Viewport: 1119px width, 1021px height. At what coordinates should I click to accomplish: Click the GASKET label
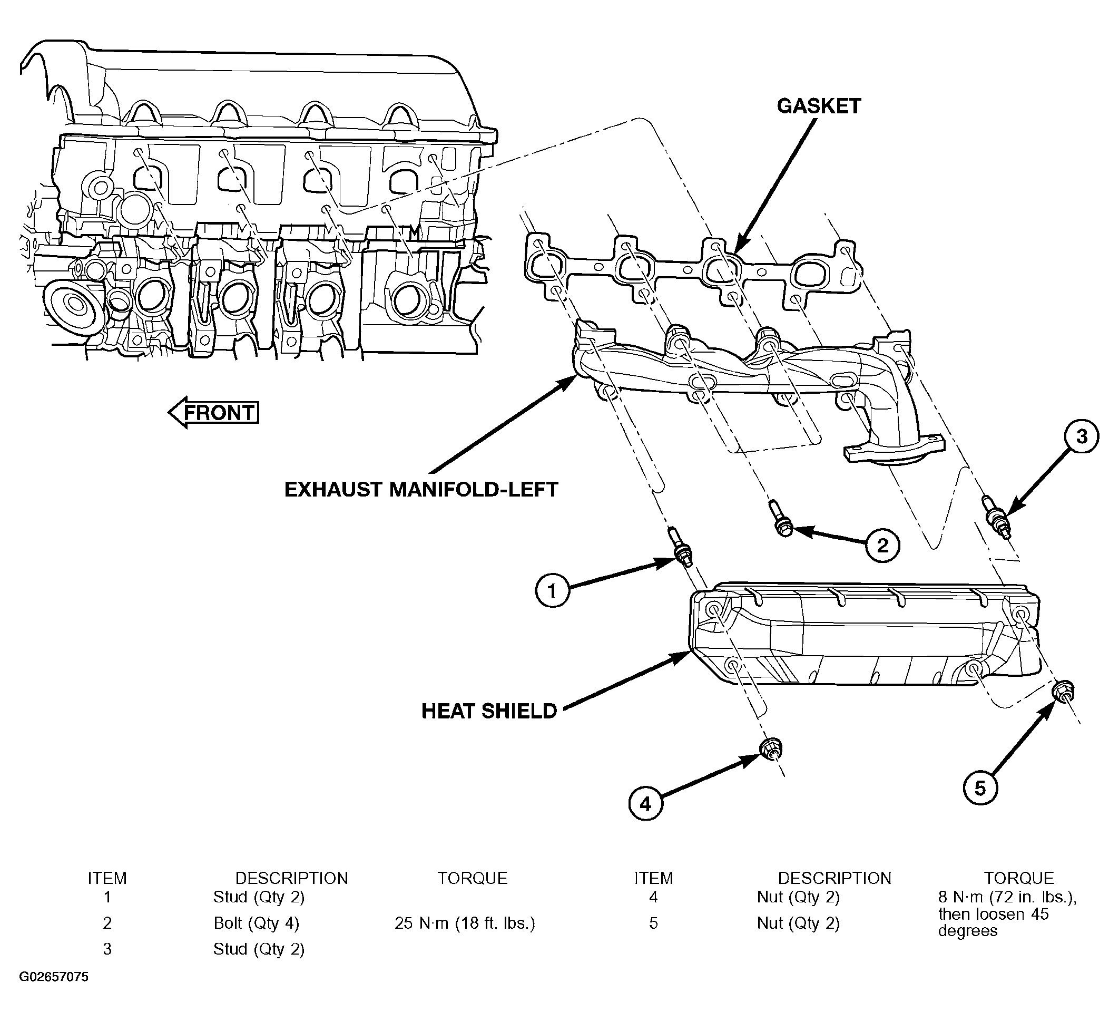(x=818, y=106)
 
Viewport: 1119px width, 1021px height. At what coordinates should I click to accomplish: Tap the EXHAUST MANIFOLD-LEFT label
(x=421, y=490)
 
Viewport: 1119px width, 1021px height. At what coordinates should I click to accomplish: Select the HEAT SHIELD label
(x=489, y=711)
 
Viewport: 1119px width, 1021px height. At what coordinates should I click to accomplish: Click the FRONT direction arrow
(x=214, y=413)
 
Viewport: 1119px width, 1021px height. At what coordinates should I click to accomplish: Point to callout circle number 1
(x=552, y=591)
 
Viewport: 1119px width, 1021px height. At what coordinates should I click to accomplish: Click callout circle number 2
(x=882, y=545)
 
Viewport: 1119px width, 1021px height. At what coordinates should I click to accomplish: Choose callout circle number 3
(x=1081, y=437)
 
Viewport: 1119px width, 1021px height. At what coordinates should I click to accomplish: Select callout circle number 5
(x=980, y=787)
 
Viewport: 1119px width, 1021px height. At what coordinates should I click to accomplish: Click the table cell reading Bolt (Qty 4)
(x=257, y=923)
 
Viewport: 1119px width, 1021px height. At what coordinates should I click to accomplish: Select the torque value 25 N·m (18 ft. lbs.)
(x=465, y=923)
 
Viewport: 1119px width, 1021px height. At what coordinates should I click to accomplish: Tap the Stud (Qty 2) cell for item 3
(x=259, y=949)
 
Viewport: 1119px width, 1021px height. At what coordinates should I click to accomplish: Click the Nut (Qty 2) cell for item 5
(x=798, y=923)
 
